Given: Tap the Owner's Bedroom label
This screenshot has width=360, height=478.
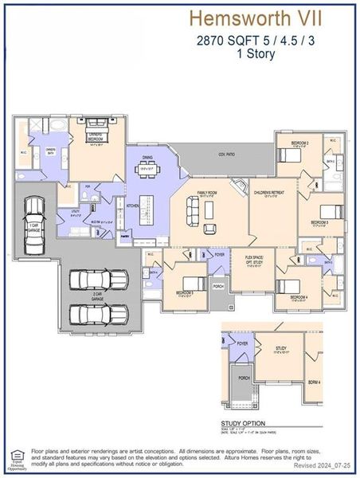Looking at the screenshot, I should tap(98, 143).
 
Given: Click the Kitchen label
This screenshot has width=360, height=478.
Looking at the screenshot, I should tap(132, 206).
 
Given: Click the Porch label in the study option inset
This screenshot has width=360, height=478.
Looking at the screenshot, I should tap(245, 378).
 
